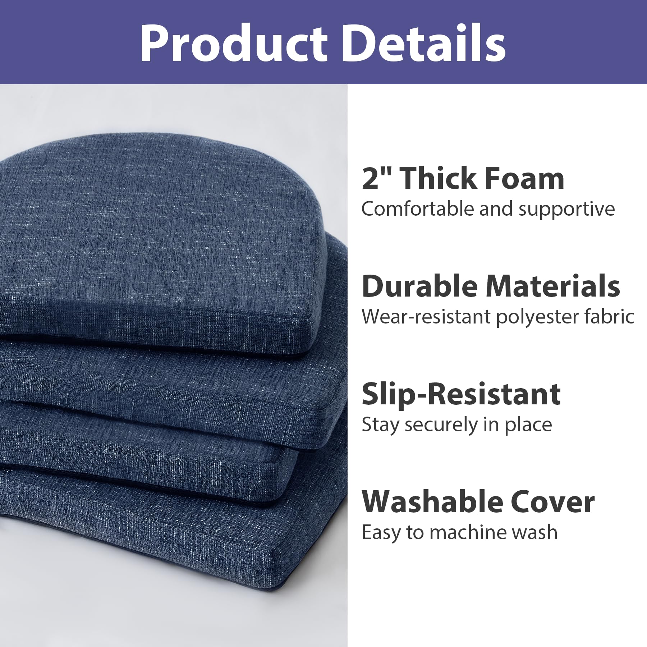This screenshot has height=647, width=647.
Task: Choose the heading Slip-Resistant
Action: pos(461,394)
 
